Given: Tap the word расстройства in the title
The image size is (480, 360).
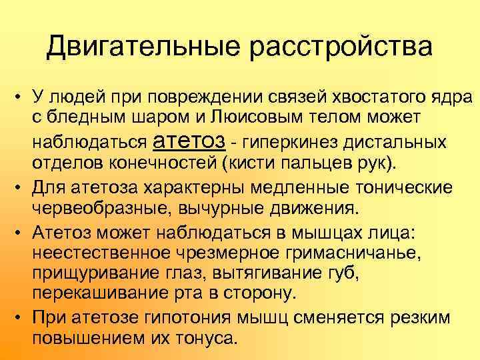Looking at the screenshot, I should (x=340, y=47).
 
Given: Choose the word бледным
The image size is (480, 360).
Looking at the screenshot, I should (x=83, y=119).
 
